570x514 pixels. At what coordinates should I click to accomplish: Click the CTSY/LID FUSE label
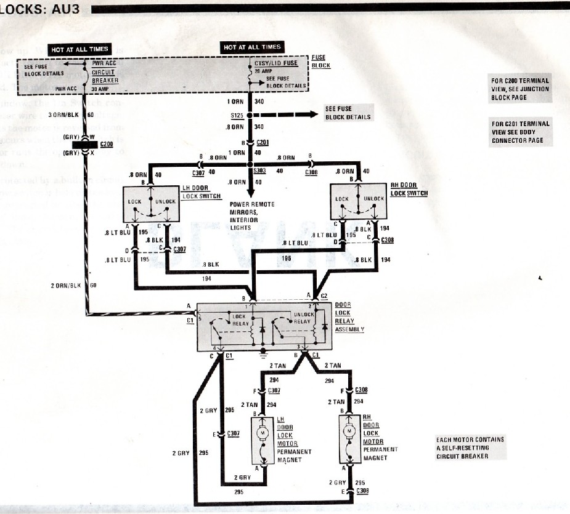[x=276, y=63]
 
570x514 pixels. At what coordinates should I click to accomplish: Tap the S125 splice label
[x=236, y=115]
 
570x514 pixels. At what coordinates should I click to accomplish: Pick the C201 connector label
[x=264, y=142]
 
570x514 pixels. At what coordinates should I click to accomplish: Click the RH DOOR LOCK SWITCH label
[x=409, y=189]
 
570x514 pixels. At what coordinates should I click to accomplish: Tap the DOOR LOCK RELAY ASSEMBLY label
[x=349, y=317]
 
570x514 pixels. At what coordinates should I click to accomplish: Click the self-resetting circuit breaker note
[x=470, y=448]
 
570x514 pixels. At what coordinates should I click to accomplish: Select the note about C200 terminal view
[x=519, y=89]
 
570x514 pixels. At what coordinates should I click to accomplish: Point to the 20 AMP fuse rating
[x=263, y=71]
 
